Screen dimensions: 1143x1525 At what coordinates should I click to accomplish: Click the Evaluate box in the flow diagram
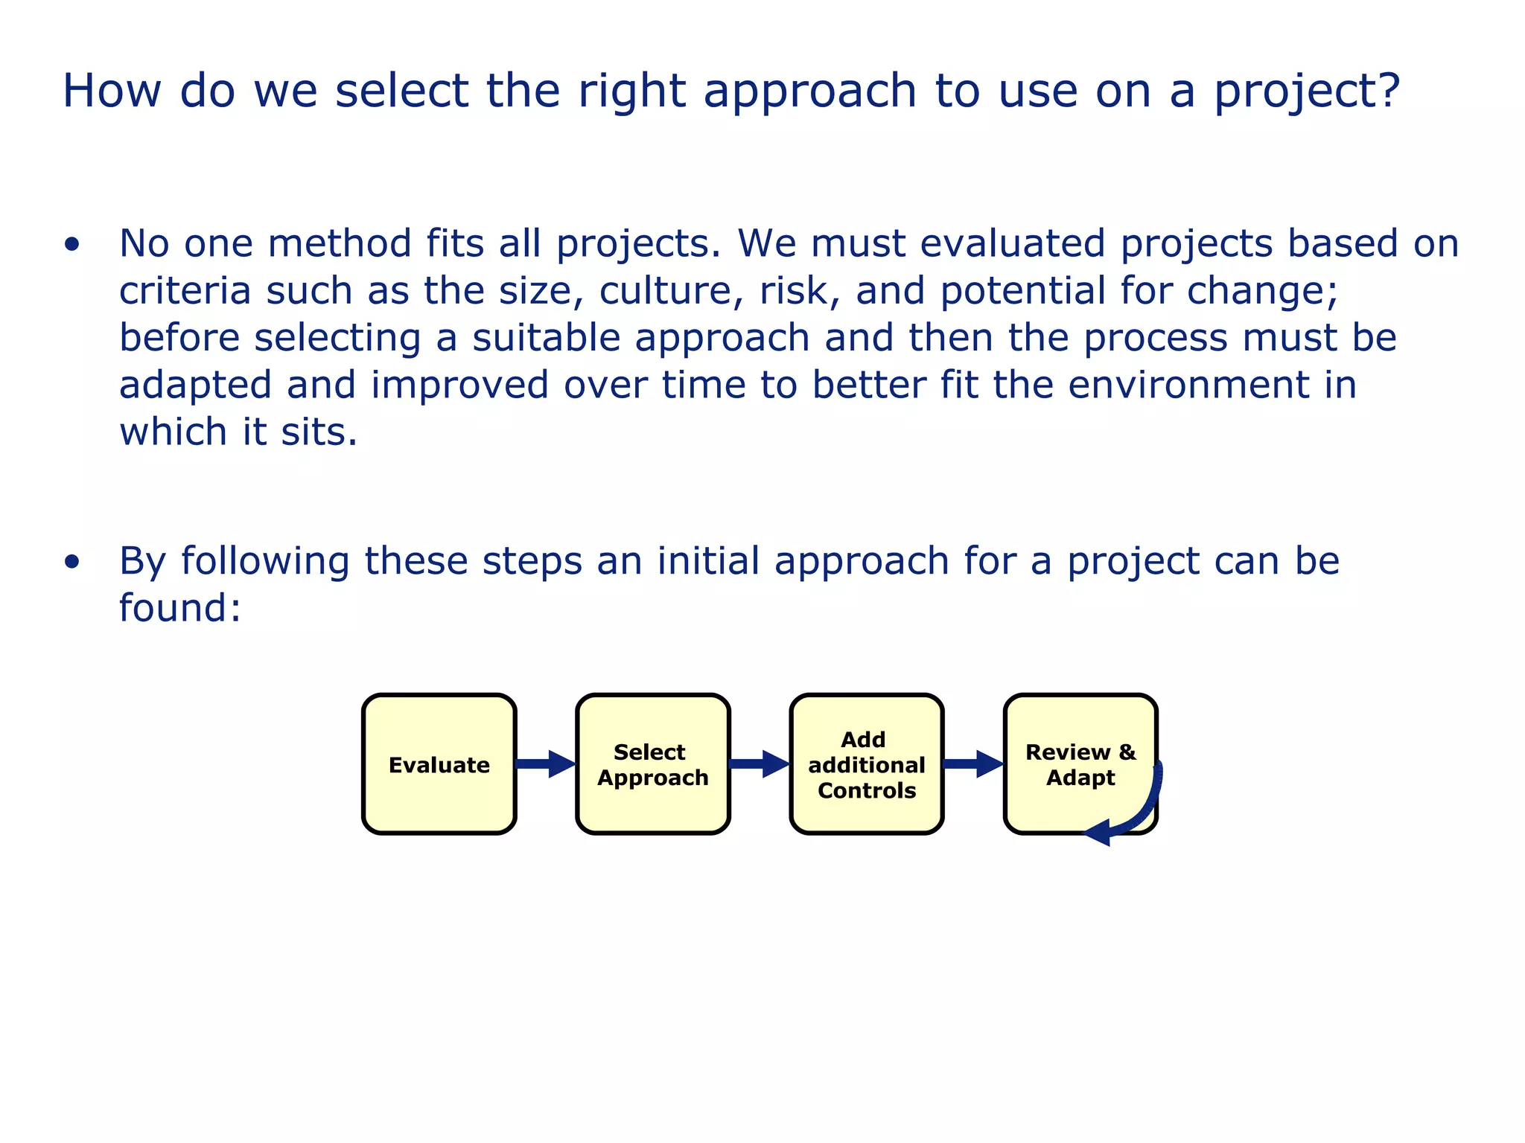(x=439, y=764)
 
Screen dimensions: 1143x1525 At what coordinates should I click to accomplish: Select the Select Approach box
(x=653, y=764)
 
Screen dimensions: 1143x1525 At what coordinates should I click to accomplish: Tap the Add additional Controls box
(x=867, y=764)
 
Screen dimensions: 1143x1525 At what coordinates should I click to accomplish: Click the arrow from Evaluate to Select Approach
(x=545, y=763)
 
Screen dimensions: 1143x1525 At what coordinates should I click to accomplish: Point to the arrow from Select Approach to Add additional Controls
(x=759, y=763)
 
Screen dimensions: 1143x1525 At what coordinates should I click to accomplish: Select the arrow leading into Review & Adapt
(x=972, y=763)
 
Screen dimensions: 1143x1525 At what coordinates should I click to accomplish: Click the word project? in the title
(x=1308, y=92)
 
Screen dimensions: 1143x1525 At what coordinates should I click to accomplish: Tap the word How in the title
(x=112, y=92)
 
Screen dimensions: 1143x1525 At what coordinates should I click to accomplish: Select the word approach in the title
(x=809, y=92)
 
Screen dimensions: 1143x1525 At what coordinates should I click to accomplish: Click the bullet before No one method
(x=71, y=244)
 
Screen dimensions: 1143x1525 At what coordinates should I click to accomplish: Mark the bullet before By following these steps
(x=71, y=562)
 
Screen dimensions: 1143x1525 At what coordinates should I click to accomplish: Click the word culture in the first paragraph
(x=671, y=291)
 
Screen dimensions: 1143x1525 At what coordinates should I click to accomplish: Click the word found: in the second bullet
(x=180, y=608)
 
